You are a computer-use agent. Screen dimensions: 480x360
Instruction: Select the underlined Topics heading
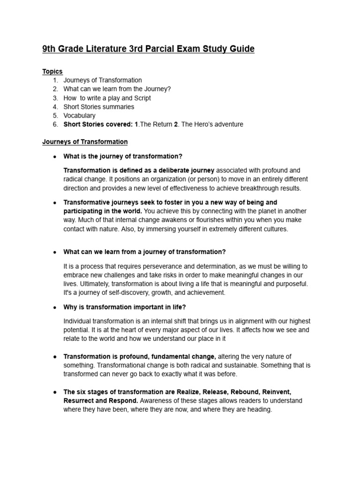point(52,71)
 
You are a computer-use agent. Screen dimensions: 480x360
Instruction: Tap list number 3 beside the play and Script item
point(55,98)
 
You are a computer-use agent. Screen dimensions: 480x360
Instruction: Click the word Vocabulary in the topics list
point(80,115)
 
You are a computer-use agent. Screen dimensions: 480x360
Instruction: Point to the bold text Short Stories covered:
point(98,124)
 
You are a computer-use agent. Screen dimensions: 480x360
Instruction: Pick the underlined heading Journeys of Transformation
point(85,142)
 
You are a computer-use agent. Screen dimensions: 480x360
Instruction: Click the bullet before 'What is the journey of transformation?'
point(55,156)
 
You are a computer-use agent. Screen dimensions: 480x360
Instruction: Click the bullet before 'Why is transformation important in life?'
point(55,307)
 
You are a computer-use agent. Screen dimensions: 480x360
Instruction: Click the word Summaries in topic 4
point(117,107)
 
